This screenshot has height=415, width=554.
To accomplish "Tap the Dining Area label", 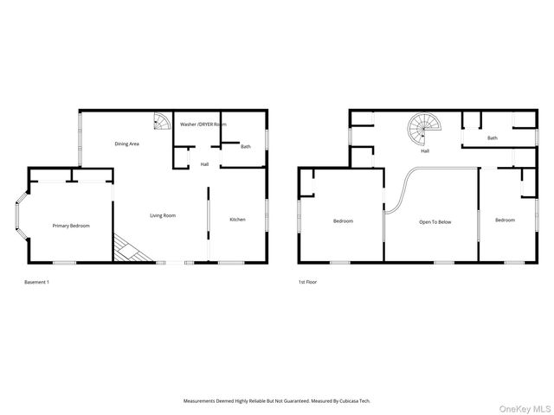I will [127, 144].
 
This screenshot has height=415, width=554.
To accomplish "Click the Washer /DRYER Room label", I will [203, 124].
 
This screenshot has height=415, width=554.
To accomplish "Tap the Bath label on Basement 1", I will [246, 146].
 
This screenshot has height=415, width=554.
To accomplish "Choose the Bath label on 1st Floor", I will [493, 138].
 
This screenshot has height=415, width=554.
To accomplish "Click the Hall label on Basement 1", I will [204, 164].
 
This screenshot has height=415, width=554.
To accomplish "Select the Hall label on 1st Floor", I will [425, 151].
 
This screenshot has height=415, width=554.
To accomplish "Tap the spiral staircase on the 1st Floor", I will [424, 131].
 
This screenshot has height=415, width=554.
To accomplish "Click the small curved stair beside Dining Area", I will [162, 122].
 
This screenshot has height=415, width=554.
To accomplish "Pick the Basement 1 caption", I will [35, 282].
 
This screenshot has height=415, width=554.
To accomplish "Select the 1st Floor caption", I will [307, 282].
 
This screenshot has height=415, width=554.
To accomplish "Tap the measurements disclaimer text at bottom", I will [276, 401].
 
